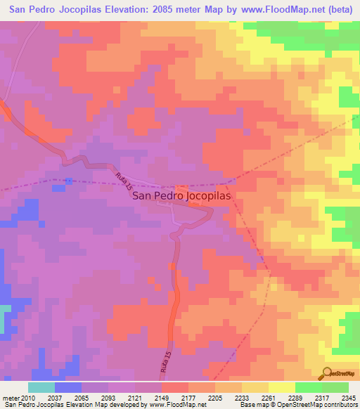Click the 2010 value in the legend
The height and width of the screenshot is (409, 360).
click(x=28, y=398)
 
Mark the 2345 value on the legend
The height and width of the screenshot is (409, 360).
click(x=347, y=398)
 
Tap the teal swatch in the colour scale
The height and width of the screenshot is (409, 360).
click(x=41, y=387)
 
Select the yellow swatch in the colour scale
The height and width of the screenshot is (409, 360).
click(x=282, y=387)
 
